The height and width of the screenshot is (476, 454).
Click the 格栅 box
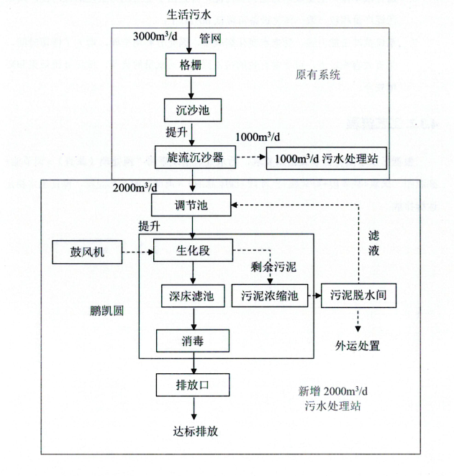click(191, 65)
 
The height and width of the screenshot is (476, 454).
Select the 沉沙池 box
click(191, 111)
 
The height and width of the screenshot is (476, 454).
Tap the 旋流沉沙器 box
click(191, 157)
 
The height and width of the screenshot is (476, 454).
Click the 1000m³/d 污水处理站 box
click(327, 157)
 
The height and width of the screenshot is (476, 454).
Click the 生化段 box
click(191, 252)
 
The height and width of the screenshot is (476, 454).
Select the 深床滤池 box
click(192, 296)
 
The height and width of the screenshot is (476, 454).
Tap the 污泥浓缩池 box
click(270, 296)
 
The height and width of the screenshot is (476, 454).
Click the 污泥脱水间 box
click(358, 296)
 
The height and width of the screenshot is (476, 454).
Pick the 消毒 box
click(192, 340)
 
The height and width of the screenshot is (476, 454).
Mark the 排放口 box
click(192, 385)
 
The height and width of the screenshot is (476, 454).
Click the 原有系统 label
click(317, 74)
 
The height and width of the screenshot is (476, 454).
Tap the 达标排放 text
click(191, 432)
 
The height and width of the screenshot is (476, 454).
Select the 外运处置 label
click(358, 344)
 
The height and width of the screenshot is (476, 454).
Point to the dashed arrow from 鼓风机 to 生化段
click(136, 252)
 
